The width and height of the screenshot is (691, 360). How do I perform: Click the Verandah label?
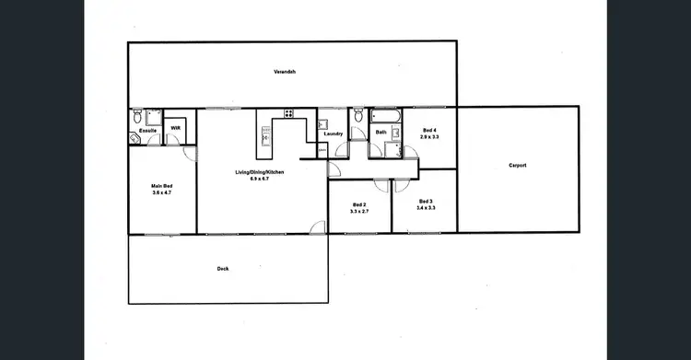[x=283, y=72]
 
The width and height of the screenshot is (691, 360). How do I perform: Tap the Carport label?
[x=518, y=166]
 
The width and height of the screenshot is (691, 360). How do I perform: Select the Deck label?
[x=222, y=269]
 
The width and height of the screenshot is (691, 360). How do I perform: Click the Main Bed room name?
[x=161, y=187]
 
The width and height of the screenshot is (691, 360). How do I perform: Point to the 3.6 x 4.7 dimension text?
[x=161, y=193]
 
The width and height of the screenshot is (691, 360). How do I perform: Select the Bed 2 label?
[x=359, y=204]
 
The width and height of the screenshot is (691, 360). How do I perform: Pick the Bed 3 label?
[x=425, y=202]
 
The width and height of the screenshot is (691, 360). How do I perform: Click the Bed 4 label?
[x=428, y=130]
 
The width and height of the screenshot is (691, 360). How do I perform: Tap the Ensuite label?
[x=147, y=131]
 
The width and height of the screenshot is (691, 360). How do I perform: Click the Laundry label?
[x=334, y=134]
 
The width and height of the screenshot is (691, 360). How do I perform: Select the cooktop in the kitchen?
[x=288, y=114]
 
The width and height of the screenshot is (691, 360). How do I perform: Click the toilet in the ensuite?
[x=137, y=116]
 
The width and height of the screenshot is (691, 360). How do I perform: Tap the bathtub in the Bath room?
[x=384, y=116]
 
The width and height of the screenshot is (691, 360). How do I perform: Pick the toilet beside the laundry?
[x=358, y=116]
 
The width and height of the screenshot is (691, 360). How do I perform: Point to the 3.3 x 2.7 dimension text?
[x=359, y=212]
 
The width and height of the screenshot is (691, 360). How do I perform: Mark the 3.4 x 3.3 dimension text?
[x=425, y=208]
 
